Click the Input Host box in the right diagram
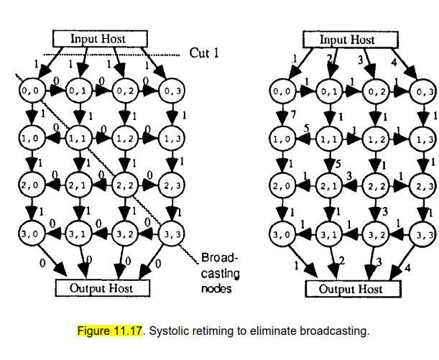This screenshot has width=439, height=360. (347, 40)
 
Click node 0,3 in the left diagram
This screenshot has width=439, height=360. (171, 91)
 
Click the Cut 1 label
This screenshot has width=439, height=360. (203, 52)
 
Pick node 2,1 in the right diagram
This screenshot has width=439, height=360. (329, 186)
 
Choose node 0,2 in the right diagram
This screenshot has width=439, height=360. (375, 91)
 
